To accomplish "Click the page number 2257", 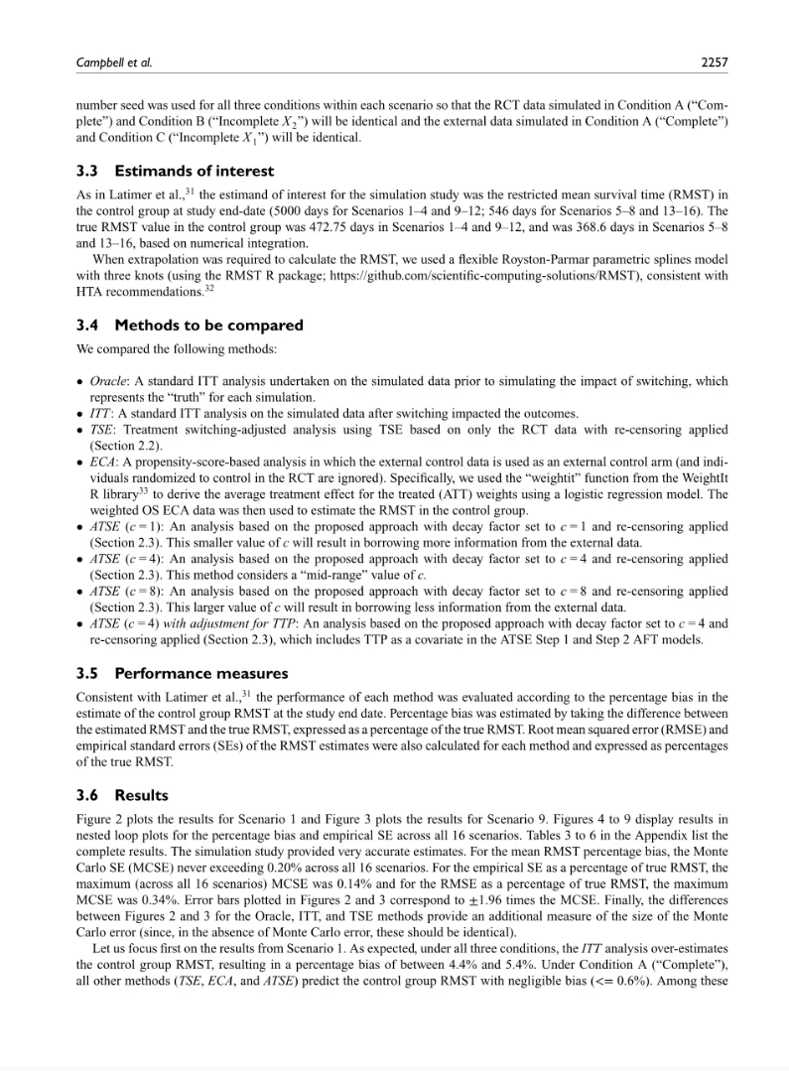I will click(x=713, y=63).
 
